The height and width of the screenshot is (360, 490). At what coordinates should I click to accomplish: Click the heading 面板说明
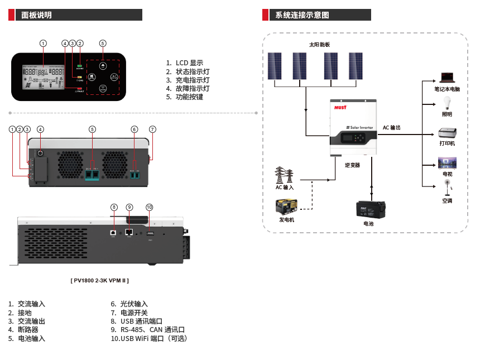pos(37,15)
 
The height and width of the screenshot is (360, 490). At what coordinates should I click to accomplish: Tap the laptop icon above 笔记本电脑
pos(446,78)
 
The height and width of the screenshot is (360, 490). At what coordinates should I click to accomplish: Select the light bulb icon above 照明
pos(446,103)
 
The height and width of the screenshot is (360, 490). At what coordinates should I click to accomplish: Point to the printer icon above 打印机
pos(447,133)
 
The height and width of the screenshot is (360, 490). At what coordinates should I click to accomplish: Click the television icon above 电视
pos(447,162)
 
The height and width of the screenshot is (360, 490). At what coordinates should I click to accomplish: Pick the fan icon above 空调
pos(447,188)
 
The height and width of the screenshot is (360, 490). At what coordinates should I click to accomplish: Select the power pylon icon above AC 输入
pos(284,175)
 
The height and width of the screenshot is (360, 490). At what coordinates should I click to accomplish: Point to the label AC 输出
pos(392,128)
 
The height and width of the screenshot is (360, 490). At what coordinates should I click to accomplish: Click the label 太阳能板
pos(320,44)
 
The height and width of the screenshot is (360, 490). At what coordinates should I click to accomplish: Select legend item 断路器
pos(28,329)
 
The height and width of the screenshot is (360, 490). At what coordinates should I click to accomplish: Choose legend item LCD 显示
pos(189,63)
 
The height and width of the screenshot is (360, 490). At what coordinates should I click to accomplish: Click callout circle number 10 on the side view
pos(149,207)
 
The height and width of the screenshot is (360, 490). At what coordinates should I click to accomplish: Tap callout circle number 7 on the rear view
pos(152,129)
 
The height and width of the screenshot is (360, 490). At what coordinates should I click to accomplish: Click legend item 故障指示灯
pos(193,88)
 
